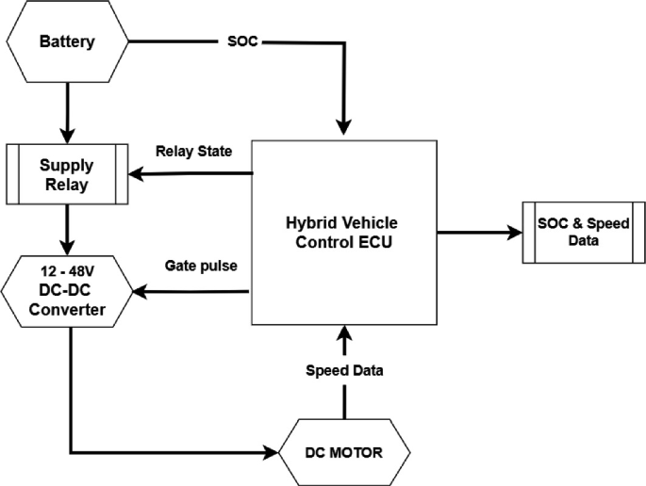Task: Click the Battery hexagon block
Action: pyautogui.click(x=66, y=41)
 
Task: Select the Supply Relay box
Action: pyautogui.click(x=66, y=173)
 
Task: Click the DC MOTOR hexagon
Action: pyautogui.click(x=344, y=453)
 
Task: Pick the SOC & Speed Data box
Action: pyautogui.click(x=577, y=232)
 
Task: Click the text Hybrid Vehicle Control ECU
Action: pyautogui.click(x=343, y=232)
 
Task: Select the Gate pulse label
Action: pyautogui.click(x=200, y=267)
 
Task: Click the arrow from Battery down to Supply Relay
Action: pyautogui.click(x=66, y=109)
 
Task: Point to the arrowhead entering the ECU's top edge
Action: pyautogui.click(x=344, y=129)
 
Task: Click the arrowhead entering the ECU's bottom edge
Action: pyautogui.click(x=344, y=332)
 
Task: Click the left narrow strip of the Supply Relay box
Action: pyautogui.click(x=13, y=173)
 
